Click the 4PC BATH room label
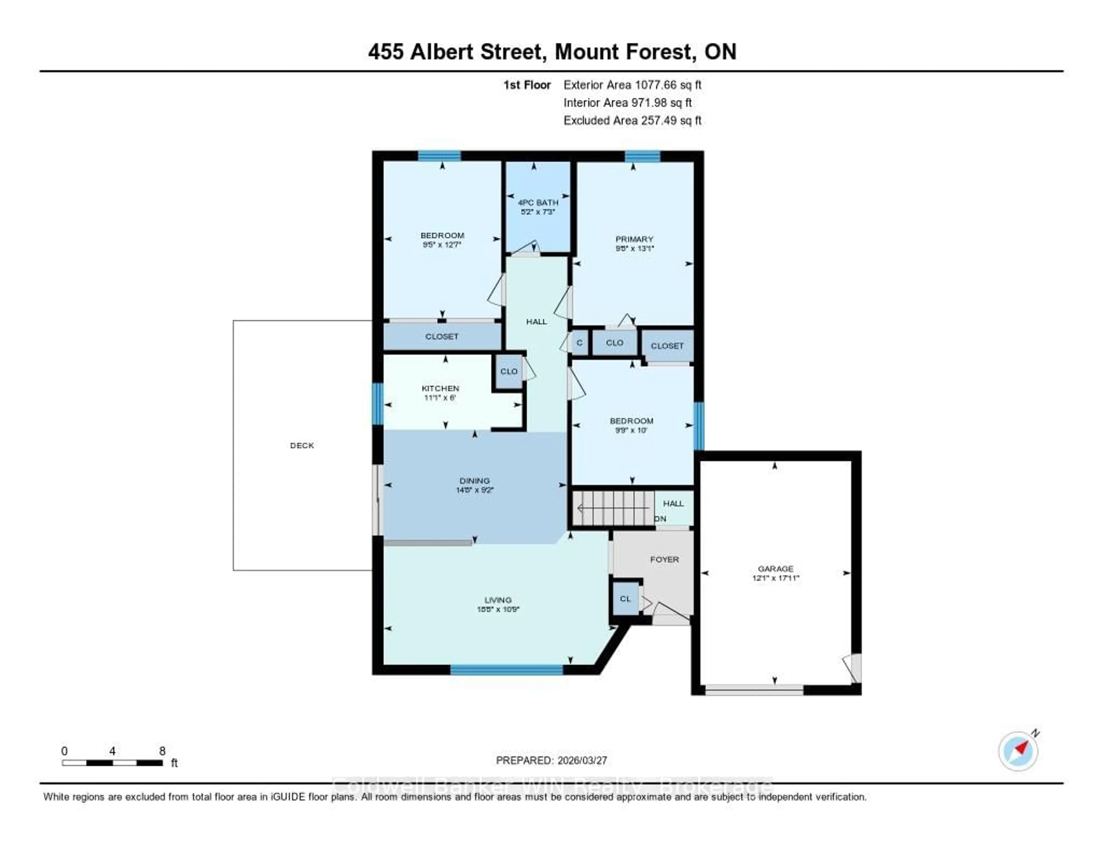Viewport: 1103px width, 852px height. click(x=538, y=203)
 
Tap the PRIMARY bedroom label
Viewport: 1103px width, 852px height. click(x=634, y=239)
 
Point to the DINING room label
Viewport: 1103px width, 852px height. click(x=474, y=480)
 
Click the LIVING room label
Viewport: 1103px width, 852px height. click(x=498, y=600)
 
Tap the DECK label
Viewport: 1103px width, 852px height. click(x=302, y=445)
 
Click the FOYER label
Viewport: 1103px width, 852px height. click(x=664, y=559)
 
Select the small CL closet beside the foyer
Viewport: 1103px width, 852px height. click(x=625, y=598)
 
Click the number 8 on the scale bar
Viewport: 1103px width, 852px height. click(x=162, y=751)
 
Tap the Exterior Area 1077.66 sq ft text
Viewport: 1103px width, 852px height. click(x=632, y=85)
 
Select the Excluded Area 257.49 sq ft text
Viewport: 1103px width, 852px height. click(x=632, y=120)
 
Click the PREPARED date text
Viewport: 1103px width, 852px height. click(x=551, y=760)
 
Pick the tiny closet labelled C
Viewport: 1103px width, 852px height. click(x=579, y=342)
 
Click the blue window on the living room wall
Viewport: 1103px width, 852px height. click(x=507, y=670)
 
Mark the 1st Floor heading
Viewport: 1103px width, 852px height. click(x=527, y=85)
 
